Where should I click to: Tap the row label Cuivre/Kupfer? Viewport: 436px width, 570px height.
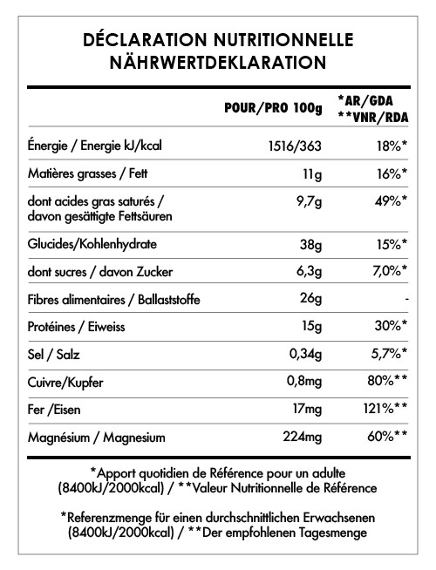65,381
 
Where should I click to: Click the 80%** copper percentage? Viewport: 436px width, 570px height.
388,381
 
